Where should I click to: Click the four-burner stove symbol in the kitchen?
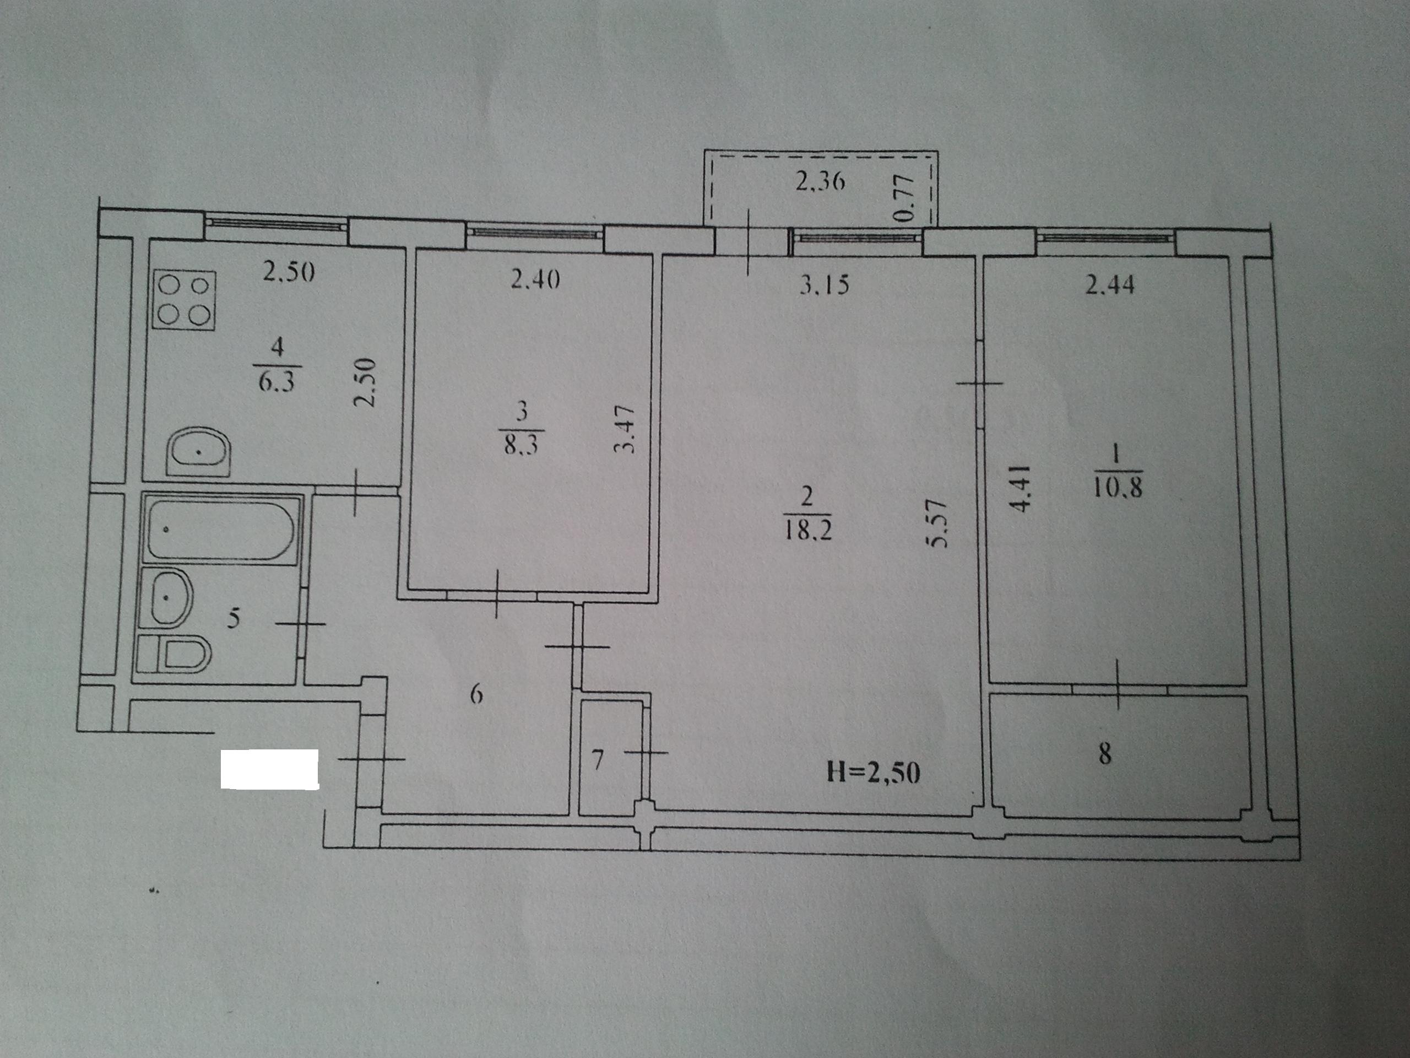click(x=184, y=300)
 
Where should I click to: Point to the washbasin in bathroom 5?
click(x=165, y=597)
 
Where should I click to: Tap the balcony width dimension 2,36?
click(x=820, y=182)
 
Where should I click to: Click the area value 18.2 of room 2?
click(x=807, y=531)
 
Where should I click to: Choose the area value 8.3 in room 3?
click(x=521, y=444)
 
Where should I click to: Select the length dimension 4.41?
click(x=1020, y=489)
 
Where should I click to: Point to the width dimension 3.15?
click(x=824, y=284)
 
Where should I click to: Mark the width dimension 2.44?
click(x=1110, y=284)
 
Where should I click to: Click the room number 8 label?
click(x=1105, y=754)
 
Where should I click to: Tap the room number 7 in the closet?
click(x=597, y=760)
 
